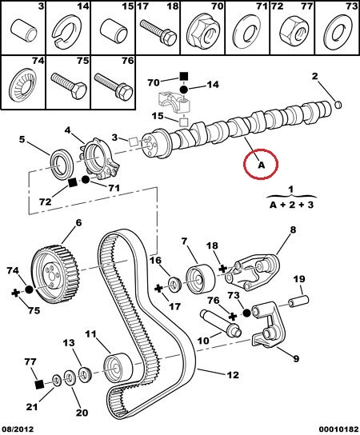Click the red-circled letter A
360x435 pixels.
click(262, 166)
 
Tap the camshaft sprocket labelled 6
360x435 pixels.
click(54, 274)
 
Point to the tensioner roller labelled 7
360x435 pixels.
click(200, 278)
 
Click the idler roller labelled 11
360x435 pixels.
click(118, 368)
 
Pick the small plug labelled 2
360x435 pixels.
click(338, 105)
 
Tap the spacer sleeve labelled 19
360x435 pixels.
click(299, 301)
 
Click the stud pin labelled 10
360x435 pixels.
click(221, 323)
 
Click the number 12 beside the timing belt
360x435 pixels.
click(233, 375)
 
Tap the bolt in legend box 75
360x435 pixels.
click(69, 86)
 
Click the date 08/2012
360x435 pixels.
click(18, 429)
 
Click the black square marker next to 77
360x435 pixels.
click(40, 385)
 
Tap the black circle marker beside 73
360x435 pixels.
click(246, 313)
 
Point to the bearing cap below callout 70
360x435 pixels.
click(174, 102)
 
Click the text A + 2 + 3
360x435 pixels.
click(291, 205)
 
